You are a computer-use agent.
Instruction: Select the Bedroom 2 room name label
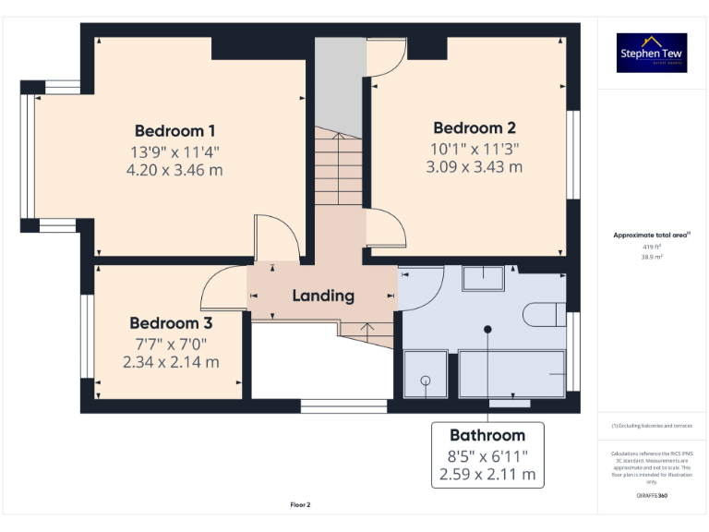[474, 128]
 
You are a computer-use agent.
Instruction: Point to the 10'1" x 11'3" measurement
[474, 148]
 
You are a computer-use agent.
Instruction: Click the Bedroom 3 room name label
[171, 323]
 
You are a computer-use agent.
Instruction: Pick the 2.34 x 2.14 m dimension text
[171, 362]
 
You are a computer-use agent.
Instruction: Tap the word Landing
[323, 296]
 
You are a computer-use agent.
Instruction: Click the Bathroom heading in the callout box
[487, 435]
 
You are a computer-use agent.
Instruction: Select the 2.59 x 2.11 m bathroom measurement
[487, 475]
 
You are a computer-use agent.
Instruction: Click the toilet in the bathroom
[544, 315]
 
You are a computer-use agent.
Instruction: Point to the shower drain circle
[426, 380]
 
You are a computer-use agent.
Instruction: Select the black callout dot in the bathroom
[487, 329]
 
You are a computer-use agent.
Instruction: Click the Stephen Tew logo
[652, 54]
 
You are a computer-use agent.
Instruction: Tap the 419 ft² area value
[652, 248]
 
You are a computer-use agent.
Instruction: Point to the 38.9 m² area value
[652, 258]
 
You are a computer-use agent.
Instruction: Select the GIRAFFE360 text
[652, 496]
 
